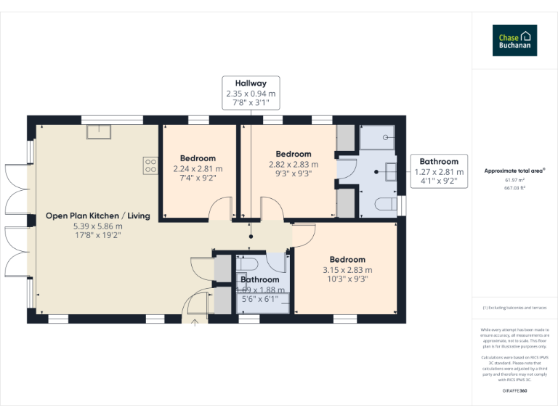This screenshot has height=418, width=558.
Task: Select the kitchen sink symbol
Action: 97,131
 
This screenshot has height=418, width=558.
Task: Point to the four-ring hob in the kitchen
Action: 151,165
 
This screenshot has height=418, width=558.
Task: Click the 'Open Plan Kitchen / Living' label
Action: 97,216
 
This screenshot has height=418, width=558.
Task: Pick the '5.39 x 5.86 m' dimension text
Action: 97,226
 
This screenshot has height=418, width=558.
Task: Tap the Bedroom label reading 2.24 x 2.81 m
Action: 198,158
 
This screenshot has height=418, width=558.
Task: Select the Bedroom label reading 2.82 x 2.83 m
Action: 294,154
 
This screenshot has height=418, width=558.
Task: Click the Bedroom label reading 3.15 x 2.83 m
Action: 347,260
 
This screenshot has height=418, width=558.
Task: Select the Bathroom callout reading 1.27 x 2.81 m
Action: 438,172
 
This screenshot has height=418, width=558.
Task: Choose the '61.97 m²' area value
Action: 514,180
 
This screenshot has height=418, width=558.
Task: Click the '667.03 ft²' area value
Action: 514,187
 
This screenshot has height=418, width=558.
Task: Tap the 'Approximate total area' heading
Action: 514,171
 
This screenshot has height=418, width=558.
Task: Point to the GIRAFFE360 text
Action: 514,391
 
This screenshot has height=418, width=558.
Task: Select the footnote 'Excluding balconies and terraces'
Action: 514,308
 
